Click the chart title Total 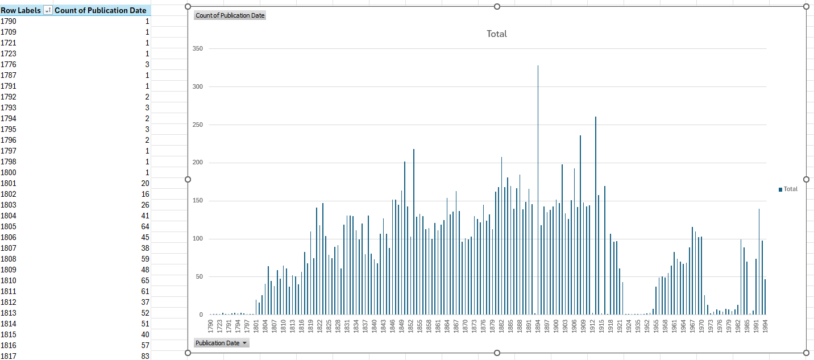pyautogui.click(x=496, y=34)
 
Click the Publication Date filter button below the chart pyautogui.click(x=221, y=343)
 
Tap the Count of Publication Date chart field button pyautogui.click(x=230, y=15)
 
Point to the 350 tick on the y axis pyautogui.click(x=197, y=49)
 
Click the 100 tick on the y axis pyautogui.click(x=197, y=239)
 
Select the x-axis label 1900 pyautogui.click(x=556, y=326)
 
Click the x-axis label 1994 pyautogui.click(x=765, y=326)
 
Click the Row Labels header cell pyautogui.click(x=20, y=10)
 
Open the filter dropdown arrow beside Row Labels pyautogui.click(x=48, y=10)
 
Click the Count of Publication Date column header pyautogui.click(x=101, y=10)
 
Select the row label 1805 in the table pyautogui.click(x=9, y=226)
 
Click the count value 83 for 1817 pyautogui.click(x=145, y=356)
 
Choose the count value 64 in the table pyautogui.click(x=145, y=226)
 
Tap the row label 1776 pyautogui.click(x=9, y=64)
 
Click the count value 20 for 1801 pyautogui.click(x=145, y=183)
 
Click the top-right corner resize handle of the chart pyautogui.click(x=806, y=6)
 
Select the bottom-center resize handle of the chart pyautogui.click(x=497, y=353)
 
